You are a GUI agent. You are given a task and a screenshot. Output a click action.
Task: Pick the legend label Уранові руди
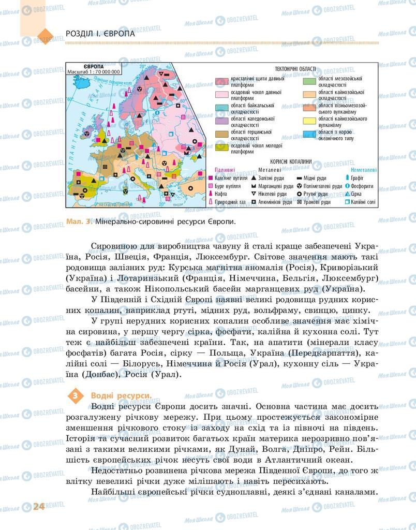coord(289,202)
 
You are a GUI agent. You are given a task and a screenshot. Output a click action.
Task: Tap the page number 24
coord(38,506)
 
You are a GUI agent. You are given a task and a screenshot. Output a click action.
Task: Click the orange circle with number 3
coord(76,396)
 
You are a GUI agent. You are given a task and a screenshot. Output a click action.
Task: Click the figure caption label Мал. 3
coord(79,221)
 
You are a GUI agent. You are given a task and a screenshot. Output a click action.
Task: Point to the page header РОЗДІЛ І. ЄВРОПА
coord(100,33)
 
